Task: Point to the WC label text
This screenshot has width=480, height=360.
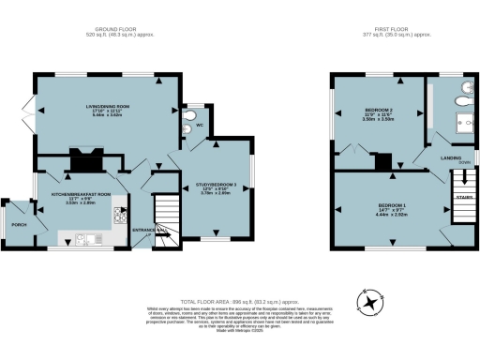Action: click(x=200, y=125)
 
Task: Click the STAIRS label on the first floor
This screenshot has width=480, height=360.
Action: click(x=463, y=198)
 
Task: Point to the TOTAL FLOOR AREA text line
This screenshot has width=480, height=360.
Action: click(x=239, y=292)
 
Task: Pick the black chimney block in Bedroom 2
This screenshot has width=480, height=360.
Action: click(x=383, y=162)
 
